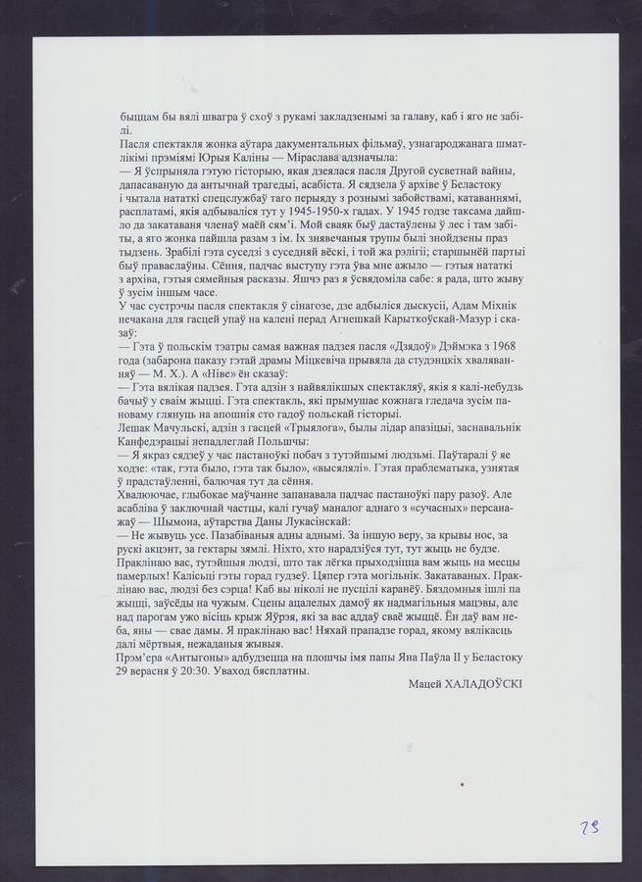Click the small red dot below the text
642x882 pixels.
pos(461,783)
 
